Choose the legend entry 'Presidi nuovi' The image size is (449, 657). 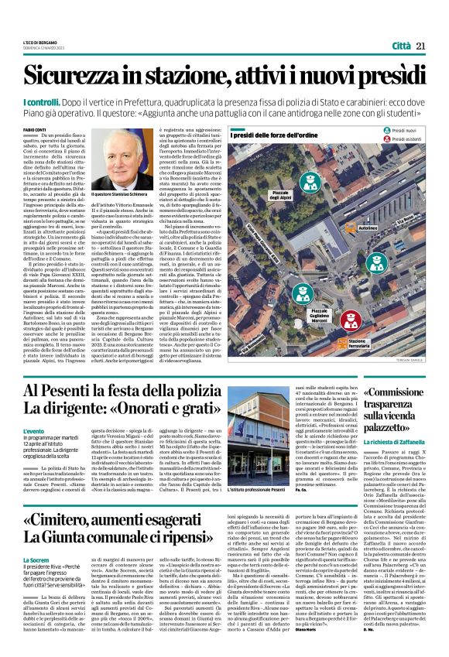click(x=406, y=133)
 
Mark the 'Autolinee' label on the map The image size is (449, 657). click(x=368, y=229)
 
